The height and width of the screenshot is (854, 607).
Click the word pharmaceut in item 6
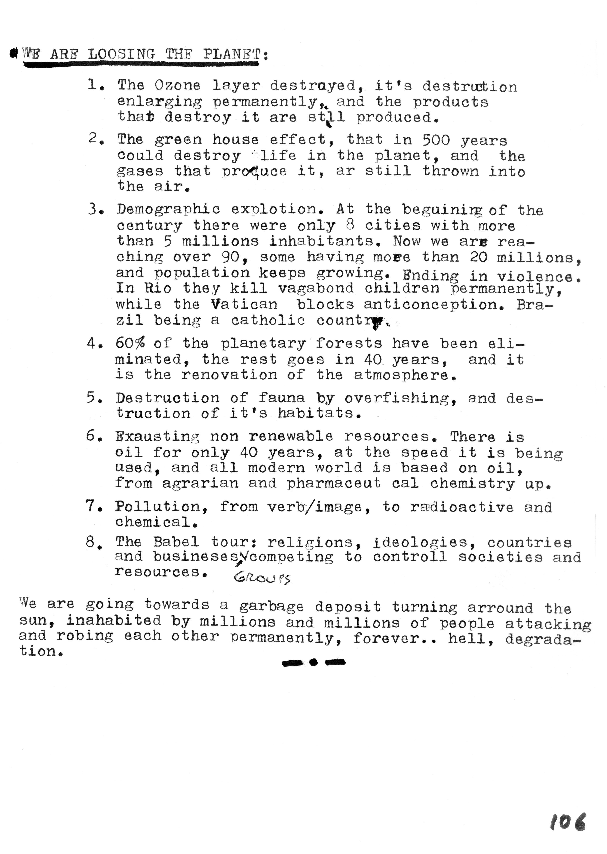[334, 483]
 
